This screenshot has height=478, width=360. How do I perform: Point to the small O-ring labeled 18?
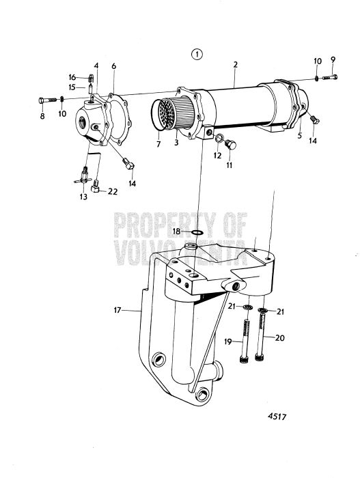coord(197,232)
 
